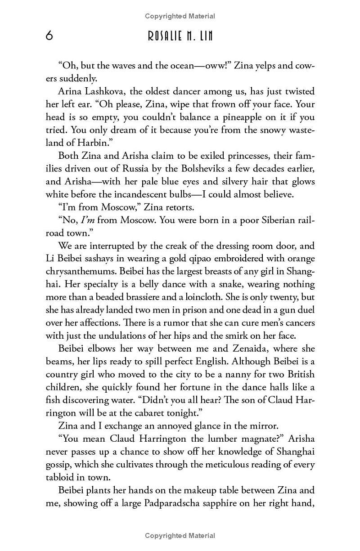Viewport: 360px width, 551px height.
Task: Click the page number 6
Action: [49, 36]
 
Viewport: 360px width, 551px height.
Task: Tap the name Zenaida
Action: [210, 349]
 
